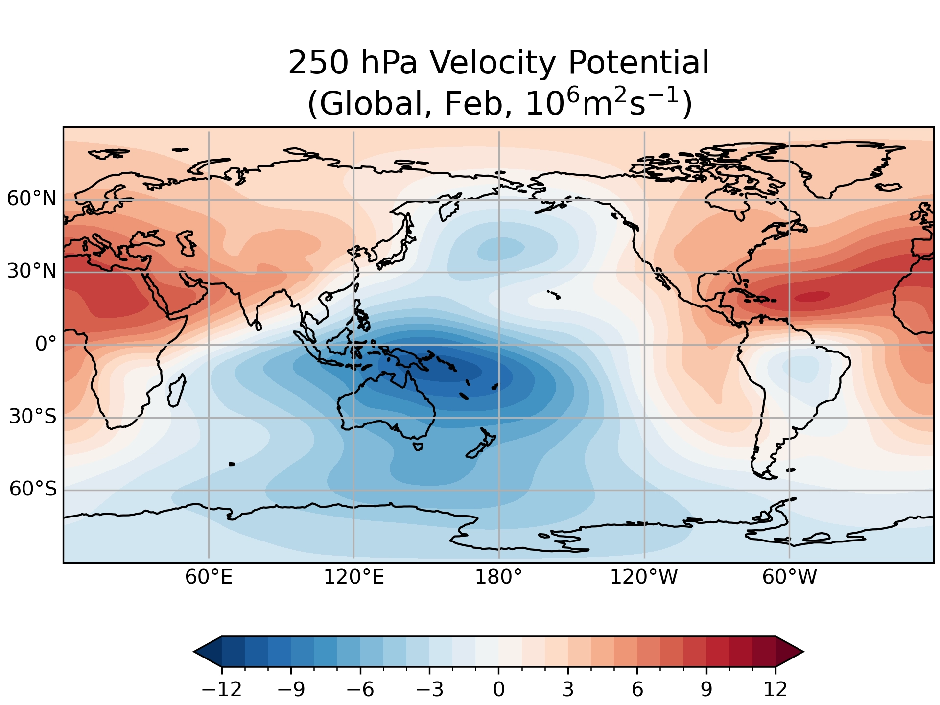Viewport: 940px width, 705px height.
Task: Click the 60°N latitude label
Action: (x=32, y=199)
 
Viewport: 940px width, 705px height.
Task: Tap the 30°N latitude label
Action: (x=32, y=271)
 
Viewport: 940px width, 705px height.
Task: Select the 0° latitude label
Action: (x=46, y=344)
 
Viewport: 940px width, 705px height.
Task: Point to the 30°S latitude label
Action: (x=33, y=417)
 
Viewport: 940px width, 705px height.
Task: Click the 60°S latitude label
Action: (x=33, y=489)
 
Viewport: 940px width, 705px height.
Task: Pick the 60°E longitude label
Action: (x=209, y=578)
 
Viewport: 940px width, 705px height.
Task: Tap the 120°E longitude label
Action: (x=353, y=578)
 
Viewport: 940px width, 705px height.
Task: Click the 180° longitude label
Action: (x=498, y=578)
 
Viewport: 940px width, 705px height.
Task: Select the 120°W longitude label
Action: (x=643, y=578)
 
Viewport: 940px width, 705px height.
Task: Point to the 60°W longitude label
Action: (x=789, y=578)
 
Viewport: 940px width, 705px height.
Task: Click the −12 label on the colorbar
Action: (x=222, y=689)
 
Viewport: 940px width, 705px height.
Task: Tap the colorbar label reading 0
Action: (x=498, y=689)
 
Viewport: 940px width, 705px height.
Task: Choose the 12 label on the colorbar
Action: (x=775, y=689)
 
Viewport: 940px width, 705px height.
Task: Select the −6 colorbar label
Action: (x=360, y=689)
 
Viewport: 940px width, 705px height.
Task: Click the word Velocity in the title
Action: (x=493, y=63)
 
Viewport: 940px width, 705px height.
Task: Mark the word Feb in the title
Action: (x=478, y=104)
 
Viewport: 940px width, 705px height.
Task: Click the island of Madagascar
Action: (x=176, y=391)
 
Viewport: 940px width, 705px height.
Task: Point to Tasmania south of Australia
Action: (x=418, y=446)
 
